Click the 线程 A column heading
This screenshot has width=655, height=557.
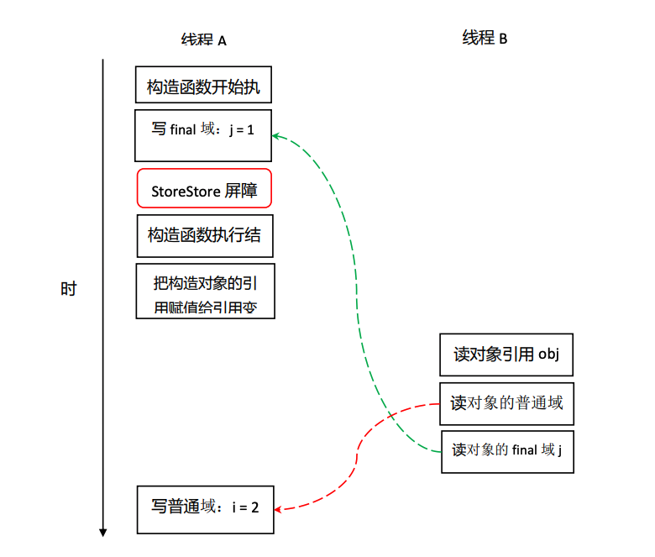[203, 39]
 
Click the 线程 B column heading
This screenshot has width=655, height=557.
[485, 38]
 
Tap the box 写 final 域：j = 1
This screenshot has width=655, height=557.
[203, 134]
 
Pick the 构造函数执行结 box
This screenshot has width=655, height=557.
[205, 235]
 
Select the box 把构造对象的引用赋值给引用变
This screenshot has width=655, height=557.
[205, 291]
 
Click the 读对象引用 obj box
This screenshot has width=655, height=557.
[506, 355]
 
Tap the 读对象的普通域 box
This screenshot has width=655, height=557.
[506, 403]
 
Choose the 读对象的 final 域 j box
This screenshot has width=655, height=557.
[506, 451]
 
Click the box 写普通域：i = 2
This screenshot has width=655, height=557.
[205, 508]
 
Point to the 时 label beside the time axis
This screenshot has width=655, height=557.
[68, 289]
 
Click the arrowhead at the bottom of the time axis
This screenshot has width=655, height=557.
[102, 531]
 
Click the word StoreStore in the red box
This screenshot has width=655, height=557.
[186, 192]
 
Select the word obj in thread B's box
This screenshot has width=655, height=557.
[548, 355]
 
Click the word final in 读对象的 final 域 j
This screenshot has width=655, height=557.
[524, 450]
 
